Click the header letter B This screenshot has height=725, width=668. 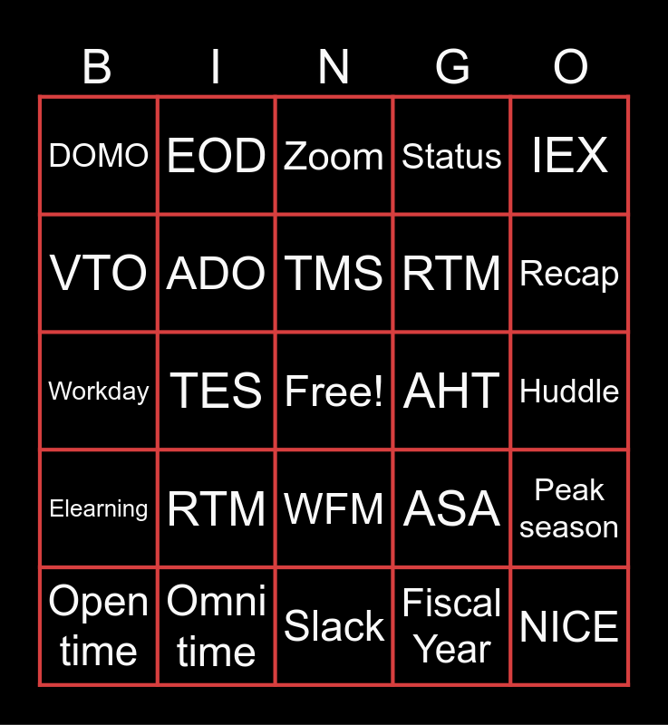point(97,67)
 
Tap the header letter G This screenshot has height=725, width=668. point(452,67)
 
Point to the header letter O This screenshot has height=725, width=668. point(570,67)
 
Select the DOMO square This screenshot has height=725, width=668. point(99,155)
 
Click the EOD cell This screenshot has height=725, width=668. point(217,155)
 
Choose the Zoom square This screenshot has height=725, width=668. point(334,155)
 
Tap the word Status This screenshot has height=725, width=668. point(451,156)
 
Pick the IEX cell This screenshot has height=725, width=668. point(569,155)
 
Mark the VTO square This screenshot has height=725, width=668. point(99,273)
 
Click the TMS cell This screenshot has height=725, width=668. point(334,273)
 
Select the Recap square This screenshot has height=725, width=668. point(569,273)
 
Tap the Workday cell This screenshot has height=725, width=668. point(99,391)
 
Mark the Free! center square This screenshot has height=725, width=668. point(334,391)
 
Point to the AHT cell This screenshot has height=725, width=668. point(451,391)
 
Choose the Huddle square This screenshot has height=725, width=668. point(569,391)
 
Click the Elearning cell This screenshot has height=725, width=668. point(99,508)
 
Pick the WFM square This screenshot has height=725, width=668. point(334,508)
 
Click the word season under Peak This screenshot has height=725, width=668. point(569,527)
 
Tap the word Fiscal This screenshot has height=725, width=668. point(451,603)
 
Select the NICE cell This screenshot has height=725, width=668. point(569,626)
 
